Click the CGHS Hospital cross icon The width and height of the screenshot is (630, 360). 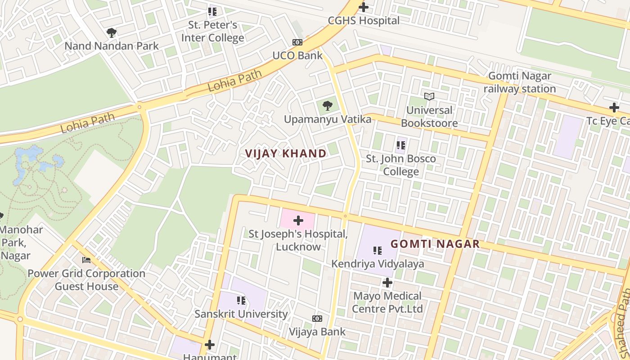[x=364, y=7]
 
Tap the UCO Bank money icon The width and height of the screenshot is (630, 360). [x=297, y=42]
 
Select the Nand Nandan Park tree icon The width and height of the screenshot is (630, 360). [x=112, y=32]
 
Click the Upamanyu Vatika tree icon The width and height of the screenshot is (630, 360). [x=328, y=106]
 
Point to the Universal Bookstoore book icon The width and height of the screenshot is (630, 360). [x=429, y=96]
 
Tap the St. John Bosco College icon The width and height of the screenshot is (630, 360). [x=400, y=145]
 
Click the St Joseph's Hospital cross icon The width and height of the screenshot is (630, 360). [x=298, y=220]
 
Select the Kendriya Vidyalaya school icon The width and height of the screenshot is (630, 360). [x=378, y=250]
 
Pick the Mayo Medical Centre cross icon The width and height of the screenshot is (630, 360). [x=387, y=283]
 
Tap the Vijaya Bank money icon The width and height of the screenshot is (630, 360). [x=317, y=319]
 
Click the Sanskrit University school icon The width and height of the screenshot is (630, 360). [x=241, y=300]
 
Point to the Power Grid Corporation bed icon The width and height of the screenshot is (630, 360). [x=86, y=260]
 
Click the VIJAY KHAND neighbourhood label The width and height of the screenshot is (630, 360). [x=286, y=153]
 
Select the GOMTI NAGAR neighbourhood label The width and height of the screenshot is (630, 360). [x=435, y=244]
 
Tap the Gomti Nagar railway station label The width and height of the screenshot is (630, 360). [x=520, y=82]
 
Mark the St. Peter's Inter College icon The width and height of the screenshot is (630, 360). [x=212, y=12]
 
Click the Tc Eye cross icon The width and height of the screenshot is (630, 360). [x=614, y=108]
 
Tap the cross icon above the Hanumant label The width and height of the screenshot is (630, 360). [x=210, y=345]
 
